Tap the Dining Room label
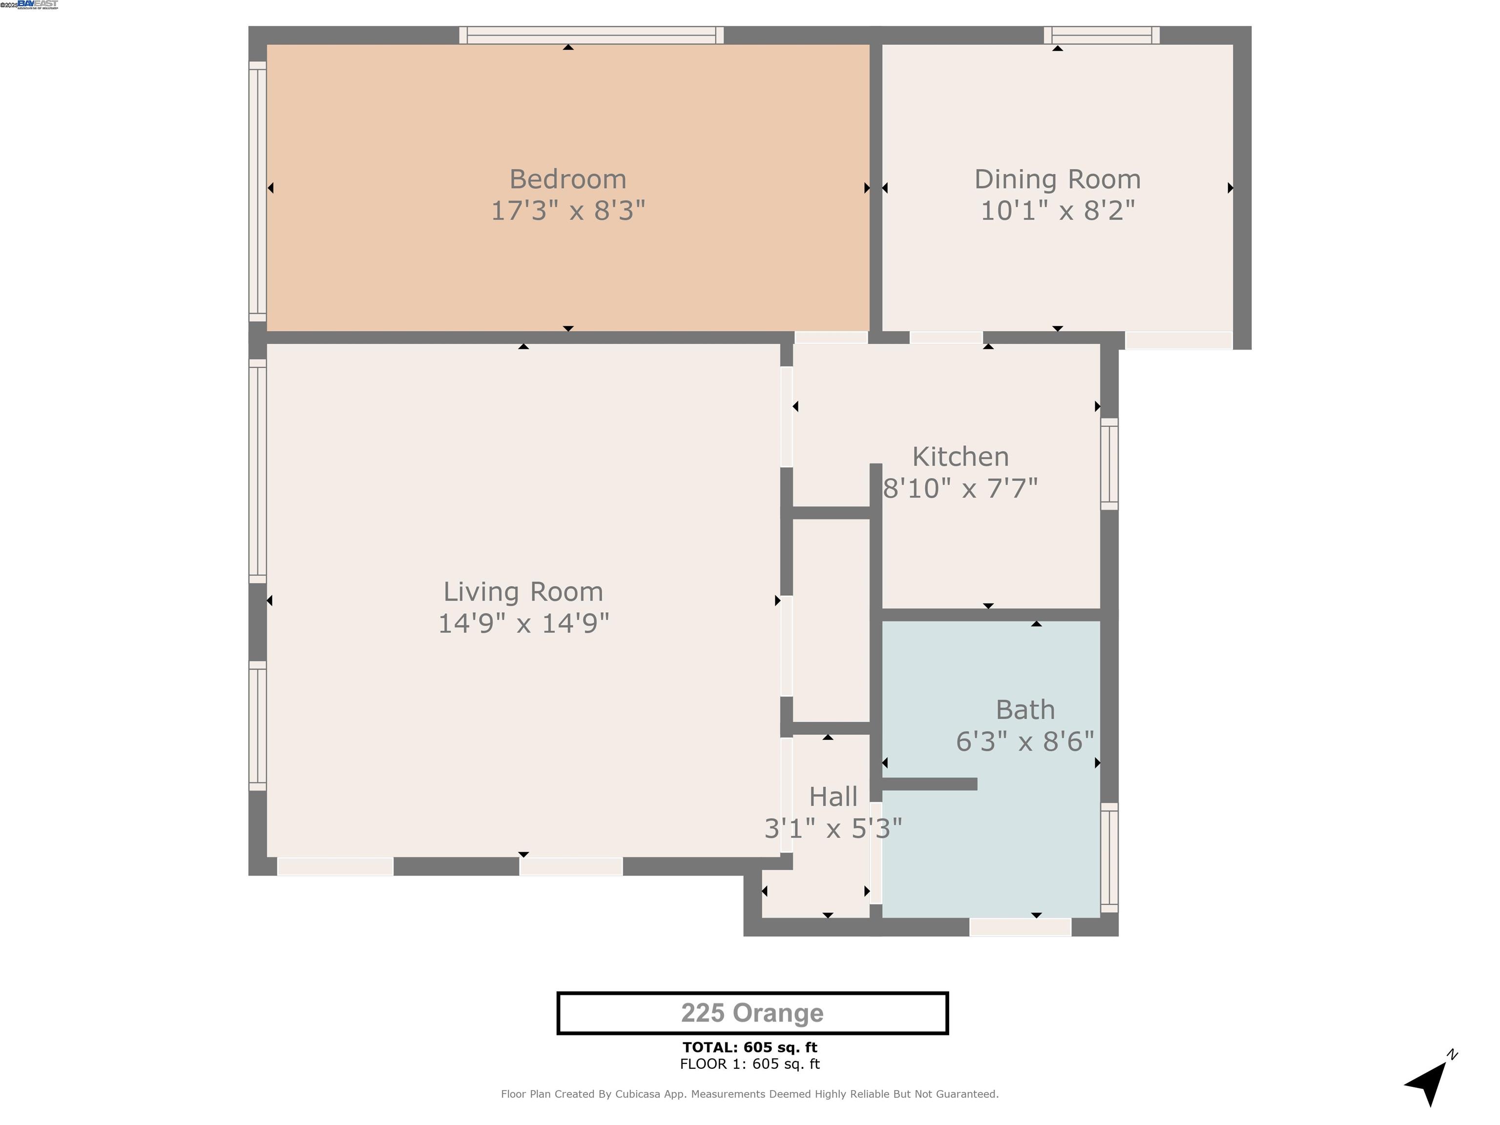point(1057,180)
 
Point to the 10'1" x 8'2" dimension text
point(1057,211)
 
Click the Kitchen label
point(960,457)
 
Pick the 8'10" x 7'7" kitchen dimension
point(960,488)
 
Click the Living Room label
point(523,592)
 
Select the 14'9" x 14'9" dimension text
point(523,623)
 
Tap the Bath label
point(1025,710)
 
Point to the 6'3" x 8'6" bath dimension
point(1025,742)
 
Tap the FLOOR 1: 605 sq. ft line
point(750,1064)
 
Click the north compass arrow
point(1427,1083)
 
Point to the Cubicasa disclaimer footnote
point(750,1094)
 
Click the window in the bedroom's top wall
point(591,35)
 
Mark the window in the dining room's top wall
point(1101,35)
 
